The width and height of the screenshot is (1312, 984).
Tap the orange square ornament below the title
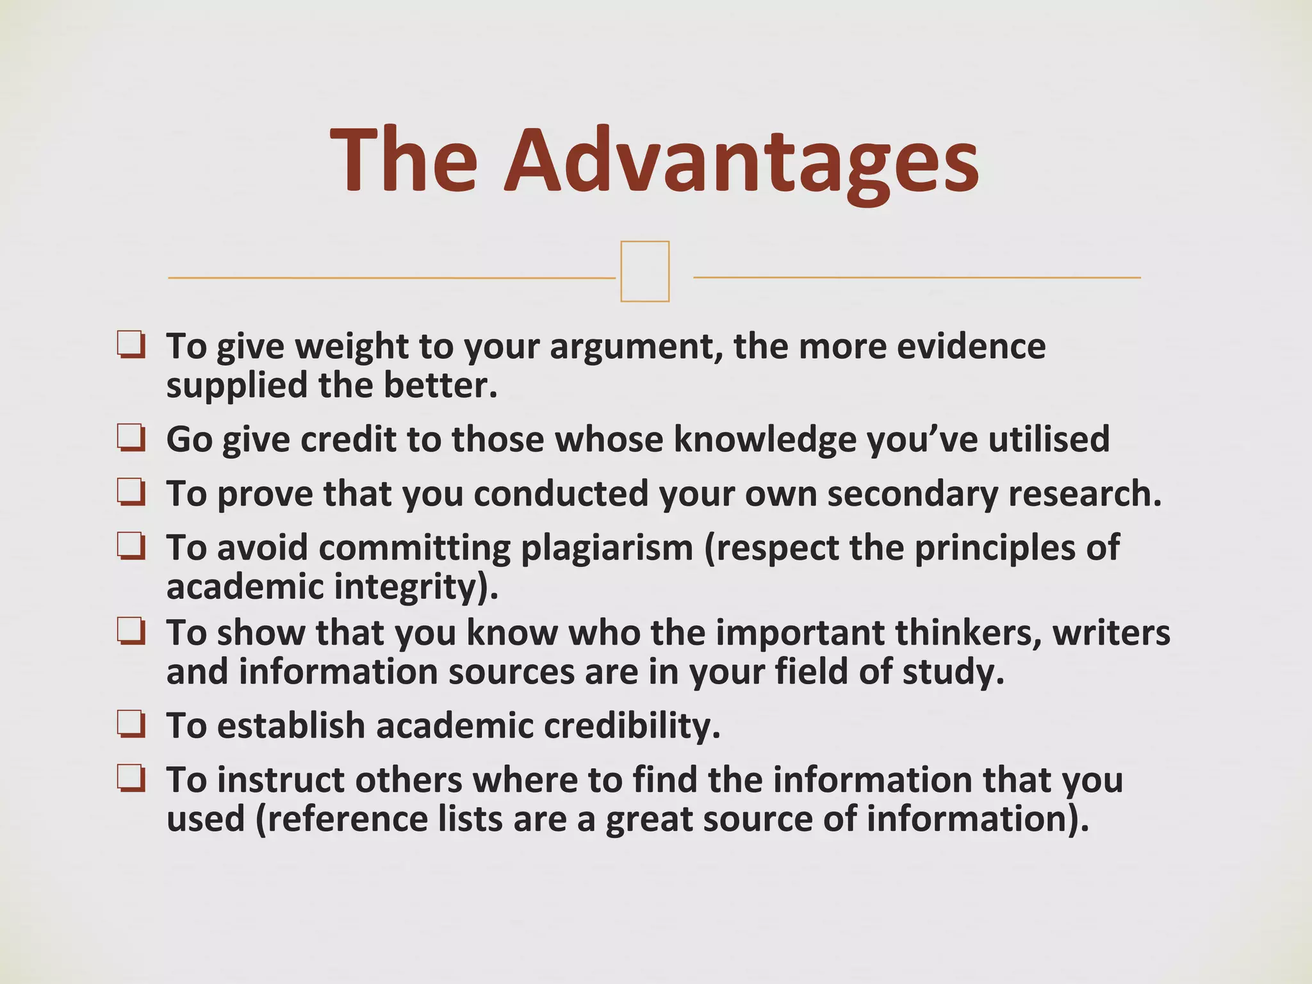coord(644,271)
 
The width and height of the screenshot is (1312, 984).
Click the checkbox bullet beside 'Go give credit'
coord(131,439)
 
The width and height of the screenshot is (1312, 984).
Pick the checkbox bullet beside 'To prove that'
coord(131,493)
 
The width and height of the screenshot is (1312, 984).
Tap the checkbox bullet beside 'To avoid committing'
coord(131,547)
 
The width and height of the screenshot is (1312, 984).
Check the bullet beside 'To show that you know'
coord(131,632)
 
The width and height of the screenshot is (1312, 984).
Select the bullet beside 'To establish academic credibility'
coord(131,725)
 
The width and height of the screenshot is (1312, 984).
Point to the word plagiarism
coord(607,548)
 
